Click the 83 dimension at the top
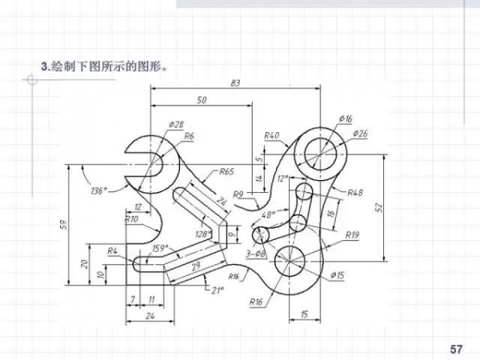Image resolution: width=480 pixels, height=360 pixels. [236, 83]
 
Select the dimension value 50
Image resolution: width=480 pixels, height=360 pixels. [201, 101]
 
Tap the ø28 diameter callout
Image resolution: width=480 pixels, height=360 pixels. [176, 124]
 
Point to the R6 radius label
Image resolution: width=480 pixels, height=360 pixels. [189, 136]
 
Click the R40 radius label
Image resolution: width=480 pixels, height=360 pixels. [271, 135]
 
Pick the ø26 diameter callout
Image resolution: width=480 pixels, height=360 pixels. [359, 133]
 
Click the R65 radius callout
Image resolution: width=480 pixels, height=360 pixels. [226, 171]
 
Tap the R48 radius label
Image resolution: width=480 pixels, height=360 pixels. [355, 192]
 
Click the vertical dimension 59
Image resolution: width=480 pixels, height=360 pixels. [63, 226]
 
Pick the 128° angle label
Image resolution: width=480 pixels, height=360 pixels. [203, 234]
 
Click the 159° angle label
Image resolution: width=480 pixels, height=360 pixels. [160, 248]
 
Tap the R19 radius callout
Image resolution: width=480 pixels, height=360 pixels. [352, 235]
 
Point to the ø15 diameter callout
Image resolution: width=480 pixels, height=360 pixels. [337, 275]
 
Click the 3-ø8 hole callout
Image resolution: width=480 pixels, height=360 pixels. [256, 254]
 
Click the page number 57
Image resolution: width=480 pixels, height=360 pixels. [457, 349]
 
